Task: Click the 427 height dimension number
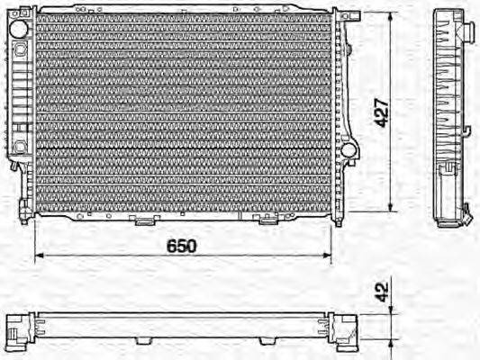383,112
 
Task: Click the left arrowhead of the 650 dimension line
38,256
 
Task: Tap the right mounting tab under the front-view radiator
267,220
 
